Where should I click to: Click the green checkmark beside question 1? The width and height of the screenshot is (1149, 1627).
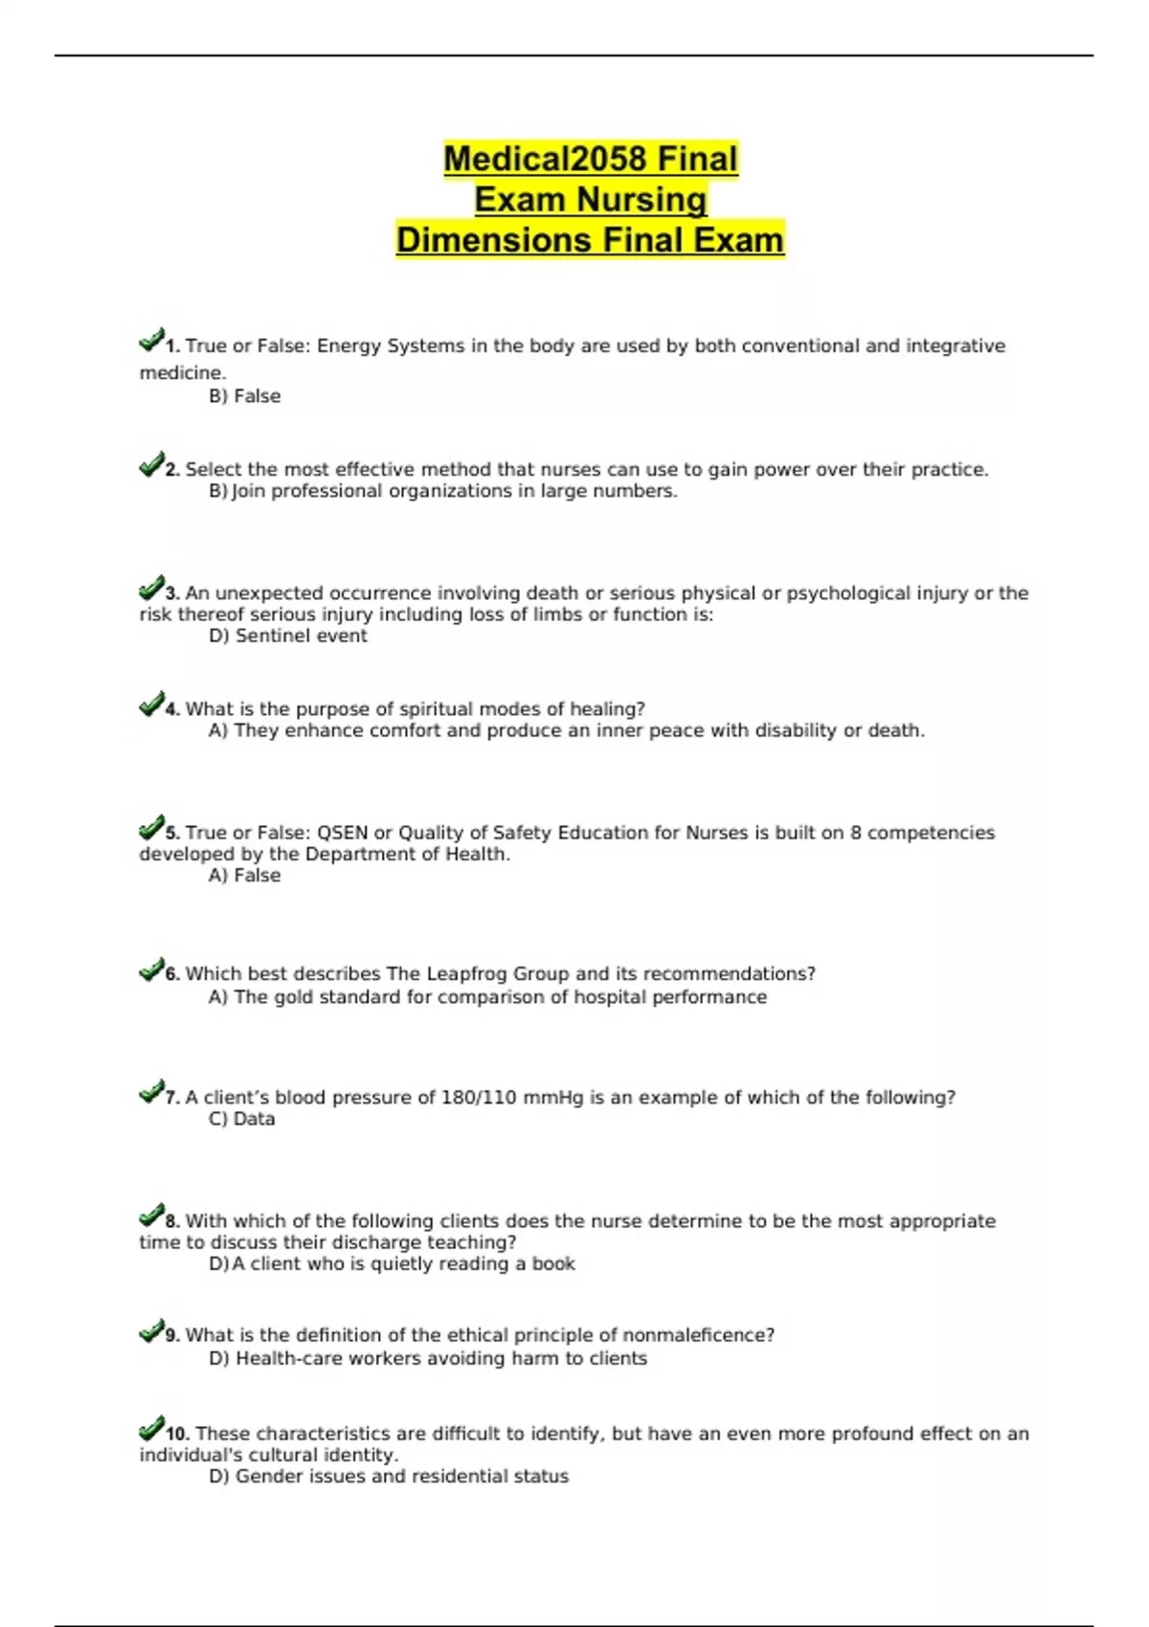[151, 340]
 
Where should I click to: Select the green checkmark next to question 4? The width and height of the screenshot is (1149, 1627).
[151, 704]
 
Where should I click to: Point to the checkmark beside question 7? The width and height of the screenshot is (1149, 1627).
[151, 1092]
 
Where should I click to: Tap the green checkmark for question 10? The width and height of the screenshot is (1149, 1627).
[151, 1430]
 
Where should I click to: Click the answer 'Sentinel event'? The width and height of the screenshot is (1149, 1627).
[301, 635]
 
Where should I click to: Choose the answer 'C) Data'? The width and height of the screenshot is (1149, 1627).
[241, 1119]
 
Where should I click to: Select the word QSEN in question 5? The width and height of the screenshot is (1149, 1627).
[342, 833]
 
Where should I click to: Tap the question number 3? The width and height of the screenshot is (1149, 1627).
[172, 593]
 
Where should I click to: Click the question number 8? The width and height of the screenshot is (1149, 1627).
[172, 1221]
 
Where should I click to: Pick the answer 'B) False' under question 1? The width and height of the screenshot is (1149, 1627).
[244, 396]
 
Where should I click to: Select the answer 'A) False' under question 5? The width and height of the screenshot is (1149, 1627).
[244, 876]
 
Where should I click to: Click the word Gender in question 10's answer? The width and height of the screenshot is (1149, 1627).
[269, 1477]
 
